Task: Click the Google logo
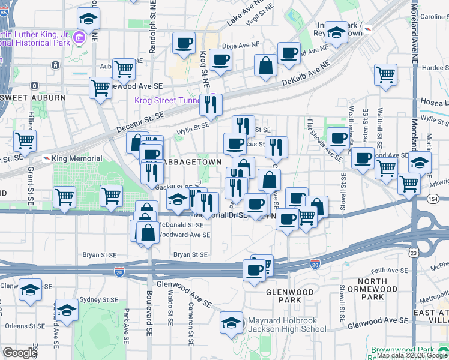[x=20, y=352]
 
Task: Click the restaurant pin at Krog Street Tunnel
[x=210, y=104]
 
